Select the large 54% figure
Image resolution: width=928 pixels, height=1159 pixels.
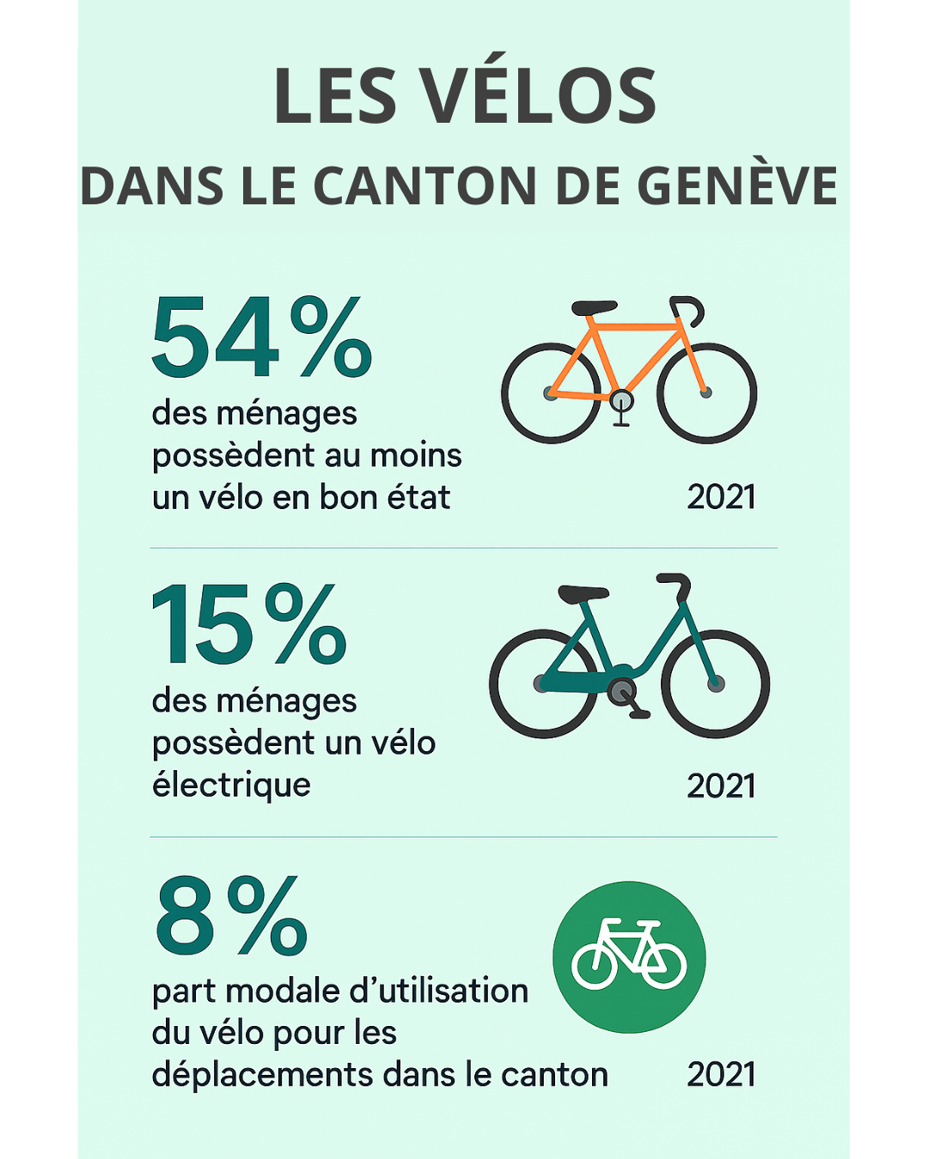(261, 337)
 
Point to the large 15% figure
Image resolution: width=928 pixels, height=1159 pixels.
(248, 624)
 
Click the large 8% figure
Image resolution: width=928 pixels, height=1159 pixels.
(231, 916)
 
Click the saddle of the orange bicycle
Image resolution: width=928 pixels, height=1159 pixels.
(594, 307)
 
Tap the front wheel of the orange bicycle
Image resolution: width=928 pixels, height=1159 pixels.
(706, 393)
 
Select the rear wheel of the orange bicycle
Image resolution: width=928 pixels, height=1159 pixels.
(551, 393)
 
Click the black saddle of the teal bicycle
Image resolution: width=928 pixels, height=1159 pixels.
(583, 593)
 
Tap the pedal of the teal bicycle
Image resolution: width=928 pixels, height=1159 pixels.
(638, 713)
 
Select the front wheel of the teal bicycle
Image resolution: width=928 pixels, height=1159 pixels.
(715, 683)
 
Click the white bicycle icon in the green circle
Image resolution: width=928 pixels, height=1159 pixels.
(629, 955)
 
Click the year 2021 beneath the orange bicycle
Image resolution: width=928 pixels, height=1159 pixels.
(721, 497)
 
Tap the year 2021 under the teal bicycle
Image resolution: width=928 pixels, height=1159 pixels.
(721, 786)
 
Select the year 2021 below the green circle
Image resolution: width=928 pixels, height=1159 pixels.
(721, 1074)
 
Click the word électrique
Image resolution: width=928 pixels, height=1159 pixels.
(231, 785)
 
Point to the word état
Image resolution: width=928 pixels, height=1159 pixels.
(418, 497)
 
